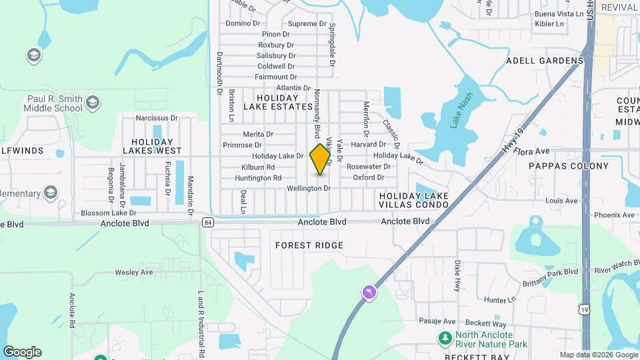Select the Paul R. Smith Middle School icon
[92, 102]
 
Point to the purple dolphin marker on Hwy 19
[367, 293]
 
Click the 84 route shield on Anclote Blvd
[208, 222]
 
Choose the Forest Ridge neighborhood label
[309, 245]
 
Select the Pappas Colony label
[569, 166]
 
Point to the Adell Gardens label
[545, 61]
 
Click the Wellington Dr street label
[309, 189]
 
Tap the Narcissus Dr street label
[157, 118]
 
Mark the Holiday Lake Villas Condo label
[413, 200]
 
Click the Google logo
[22, 352]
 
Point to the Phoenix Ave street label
[614, 215]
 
